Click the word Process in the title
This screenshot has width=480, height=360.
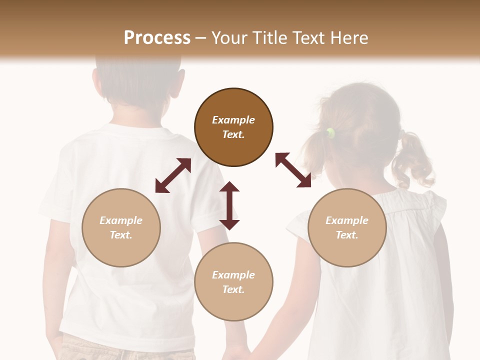tap(157, 38)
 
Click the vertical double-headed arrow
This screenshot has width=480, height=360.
tap(229, 205)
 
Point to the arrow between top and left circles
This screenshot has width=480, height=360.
tap(173, 175)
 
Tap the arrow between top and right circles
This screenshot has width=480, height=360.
tap(293, 170)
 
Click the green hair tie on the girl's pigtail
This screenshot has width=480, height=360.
tap(330, 132)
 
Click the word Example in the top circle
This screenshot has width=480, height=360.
tap(233, 120)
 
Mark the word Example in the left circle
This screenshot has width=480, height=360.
tap(121, 220)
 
